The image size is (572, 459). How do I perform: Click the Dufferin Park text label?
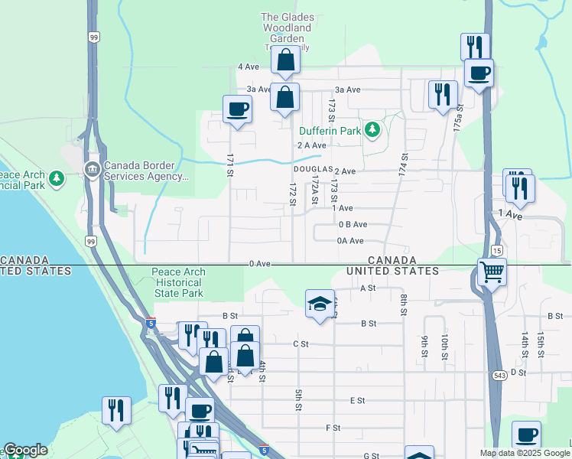pyautogui.click(x=330, y=131)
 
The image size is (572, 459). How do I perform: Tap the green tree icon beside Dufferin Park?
pyautogui.click(x=372, y=130)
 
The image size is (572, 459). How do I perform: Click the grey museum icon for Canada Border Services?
pyautogui.click(x=92, y=169)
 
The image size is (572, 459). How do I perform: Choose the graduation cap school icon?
pyautogui.click(x=320, y=304)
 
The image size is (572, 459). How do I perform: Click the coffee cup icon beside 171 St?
pyautogui.click(x=237, y=109)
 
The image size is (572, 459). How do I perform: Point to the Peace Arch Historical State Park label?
pyautogui.click(x=177, y=282)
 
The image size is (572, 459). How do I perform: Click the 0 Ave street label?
pyautogui.click(x=260, y=264)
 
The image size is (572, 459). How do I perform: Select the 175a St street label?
pyautogui.click(x=457, y=120)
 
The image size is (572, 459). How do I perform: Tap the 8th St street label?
pyautogui.click(x=403, y=304)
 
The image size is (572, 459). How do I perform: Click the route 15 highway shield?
pyautogui.click(x=496, y=251)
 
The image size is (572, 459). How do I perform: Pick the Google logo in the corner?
pyautogui.click(x=25, y=450)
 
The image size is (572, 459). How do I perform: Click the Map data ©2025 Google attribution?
pyautogui.click(x=525, y=453)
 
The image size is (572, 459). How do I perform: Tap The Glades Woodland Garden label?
pyautogui.click(x=286, y=28)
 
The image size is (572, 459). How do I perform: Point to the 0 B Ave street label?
pyautogui.click(x=353, y=225)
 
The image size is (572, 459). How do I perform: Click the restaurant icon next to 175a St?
pyautogui.click(x=443, y=95)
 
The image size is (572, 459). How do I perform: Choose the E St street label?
pyautogui.click(x=357, y=400)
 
